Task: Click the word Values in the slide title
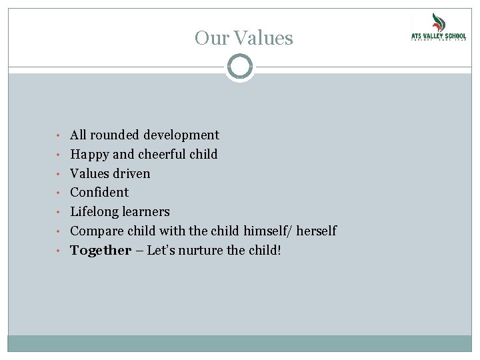tap(265, 38)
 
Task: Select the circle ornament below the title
tap(240, 67)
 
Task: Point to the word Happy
tap(90, 155)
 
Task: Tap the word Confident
tap(99, 193)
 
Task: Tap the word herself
tap(315, 231)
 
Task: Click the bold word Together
tap(101, 251)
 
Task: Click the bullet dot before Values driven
tap(60, 174)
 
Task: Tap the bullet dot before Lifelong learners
tap(60, 213)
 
